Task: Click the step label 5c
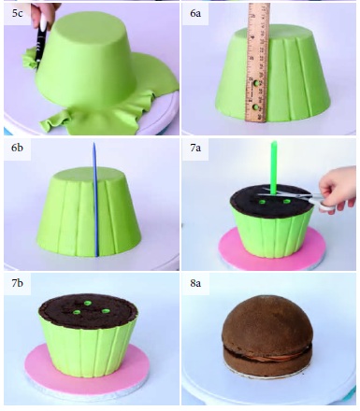tap(18, 13)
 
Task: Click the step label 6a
tap(195, 13)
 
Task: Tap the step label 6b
tap(18, 148)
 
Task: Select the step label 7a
tap(195, 148)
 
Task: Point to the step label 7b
tap(18, 283)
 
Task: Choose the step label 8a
tap(195, 283)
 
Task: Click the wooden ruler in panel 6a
tap(258, 63)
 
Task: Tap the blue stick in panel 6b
tap(95, 199)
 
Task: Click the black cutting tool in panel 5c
tap(41, 45)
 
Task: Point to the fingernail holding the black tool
tap(43, 21)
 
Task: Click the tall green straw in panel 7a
tap(274, 168)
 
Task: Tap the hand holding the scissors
tap(338, 189)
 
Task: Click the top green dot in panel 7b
tap(88, 303)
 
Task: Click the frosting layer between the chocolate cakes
tap(267, 354)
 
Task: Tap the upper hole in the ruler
tap(256, 84)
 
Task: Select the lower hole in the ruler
tap(256, 107)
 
